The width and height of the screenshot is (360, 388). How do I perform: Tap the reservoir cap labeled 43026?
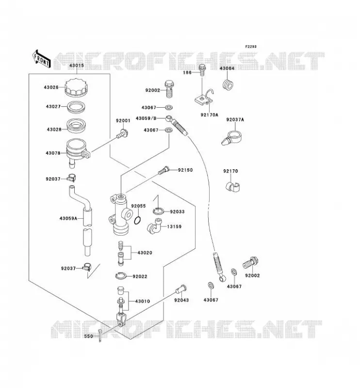pos(77,87)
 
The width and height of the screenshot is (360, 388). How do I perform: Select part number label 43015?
pos(77,66)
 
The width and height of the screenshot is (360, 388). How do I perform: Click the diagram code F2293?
pos(251,47)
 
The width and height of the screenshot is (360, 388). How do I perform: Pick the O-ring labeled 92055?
pos(138,221)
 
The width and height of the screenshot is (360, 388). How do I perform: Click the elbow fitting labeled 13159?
pos(154,226)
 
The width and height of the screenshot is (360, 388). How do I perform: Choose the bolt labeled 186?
pos(202,70)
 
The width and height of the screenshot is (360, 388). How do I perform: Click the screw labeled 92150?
pos(164,171)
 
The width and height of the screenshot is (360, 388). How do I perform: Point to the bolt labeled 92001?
pos(122,134)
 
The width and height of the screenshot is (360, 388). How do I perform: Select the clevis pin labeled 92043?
pos(181,289)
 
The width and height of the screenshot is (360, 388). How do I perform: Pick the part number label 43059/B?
pos(146,118)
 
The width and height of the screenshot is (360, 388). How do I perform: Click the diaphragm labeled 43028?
pos(77,126)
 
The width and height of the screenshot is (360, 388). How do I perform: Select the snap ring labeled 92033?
pos(158,211)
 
